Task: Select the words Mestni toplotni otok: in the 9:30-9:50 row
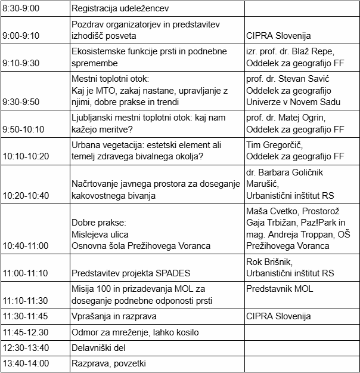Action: pyautogui.click(x=109, y=79)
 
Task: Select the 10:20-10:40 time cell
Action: pyautogui.click(x=26, y=195)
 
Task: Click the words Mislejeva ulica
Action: pyautogui.click(x=100, y=234)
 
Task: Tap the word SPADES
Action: pyautogui.click(x=171, y=273)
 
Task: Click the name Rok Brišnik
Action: pyautogui.click(x=267, y=262)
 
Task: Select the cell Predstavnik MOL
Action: pyautogui.click(x=280, y=289)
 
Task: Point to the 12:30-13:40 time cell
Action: pyautogui.click(x=27, y=347)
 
